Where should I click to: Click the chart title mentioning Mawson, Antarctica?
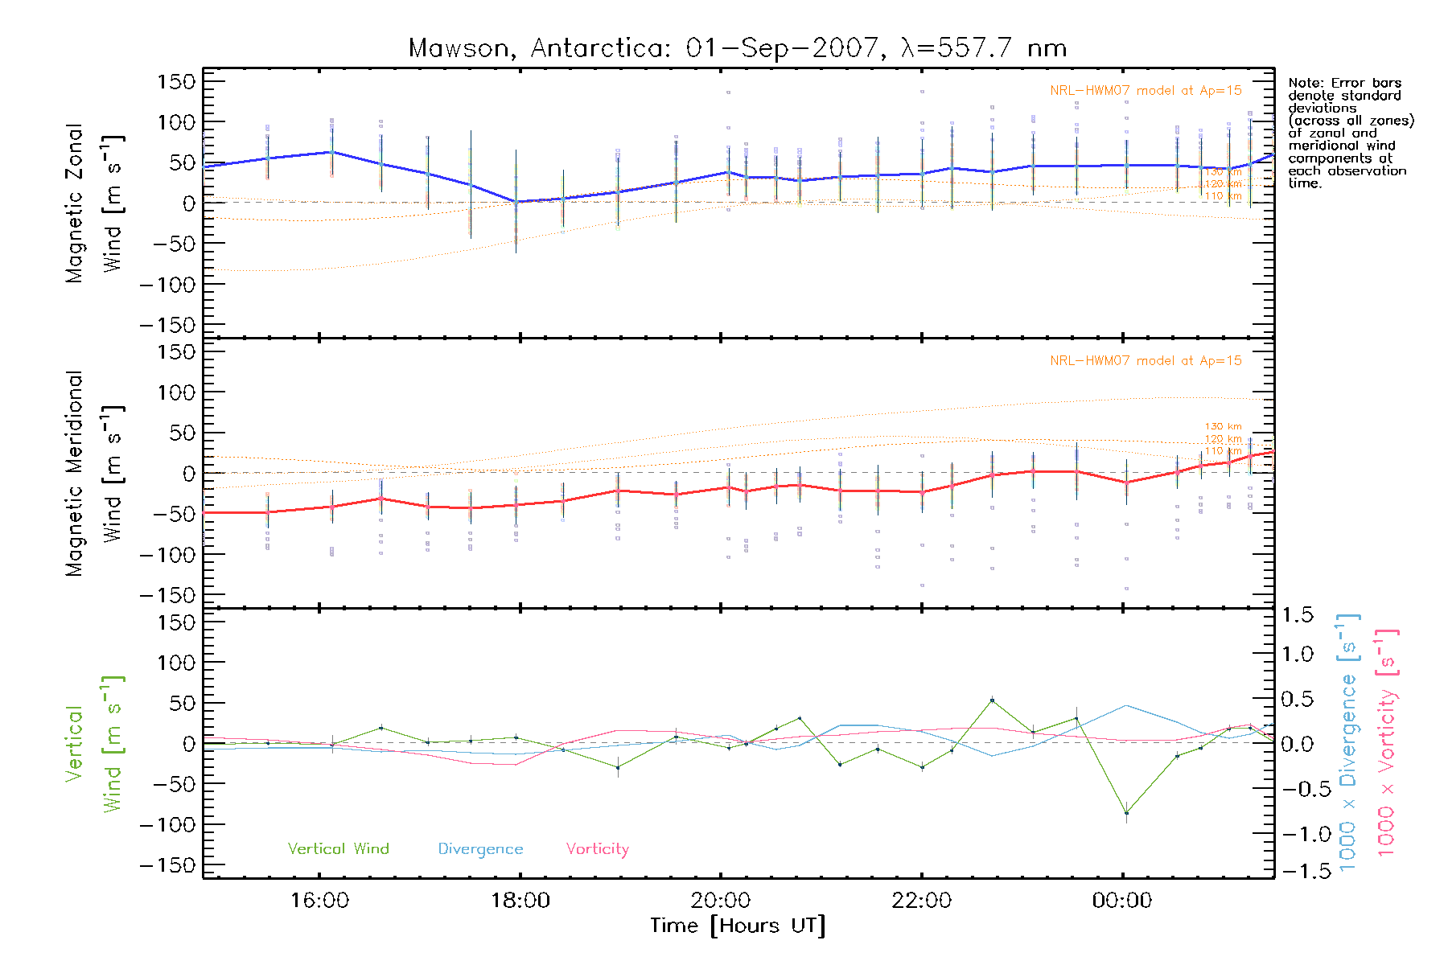coord(738,48)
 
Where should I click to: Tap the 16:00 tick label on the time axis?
coord(319,901)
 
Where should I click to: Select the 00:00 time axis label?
coord(1121,901)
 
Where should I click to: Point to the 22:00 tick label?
coord(921,901)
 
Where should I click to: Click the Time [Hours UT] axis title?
coord(738,926)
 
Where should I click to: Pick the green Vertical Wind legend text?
coord(338,849)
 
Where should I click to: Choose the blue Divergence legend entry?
coord(480,849)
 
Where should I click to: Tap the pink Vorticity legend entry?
coord(597,849)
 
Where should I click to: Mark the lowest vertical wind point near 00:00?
coord(1126,813)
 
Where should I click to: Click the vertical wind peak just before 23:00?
coord(992,700)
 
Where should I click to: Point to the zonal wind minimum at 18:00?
coord(516,202)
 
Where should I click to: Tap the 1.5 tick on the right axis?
coord(1297,615)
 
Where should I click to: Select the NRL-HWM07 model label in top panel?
coord(1146,91)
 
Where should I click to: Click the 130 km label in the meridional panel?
coord(1223,426)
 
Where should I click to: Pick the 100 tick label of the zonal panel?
coord(177,122)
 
